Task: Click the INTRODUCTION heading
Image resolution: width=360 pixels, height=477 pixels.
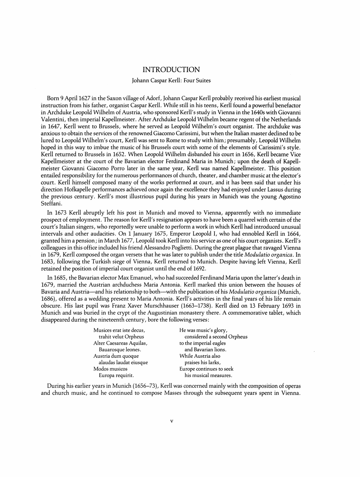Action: (x=171, y=70)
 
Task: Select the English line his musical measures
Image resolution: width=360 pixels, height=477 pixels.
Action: (x=208, y=375)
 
